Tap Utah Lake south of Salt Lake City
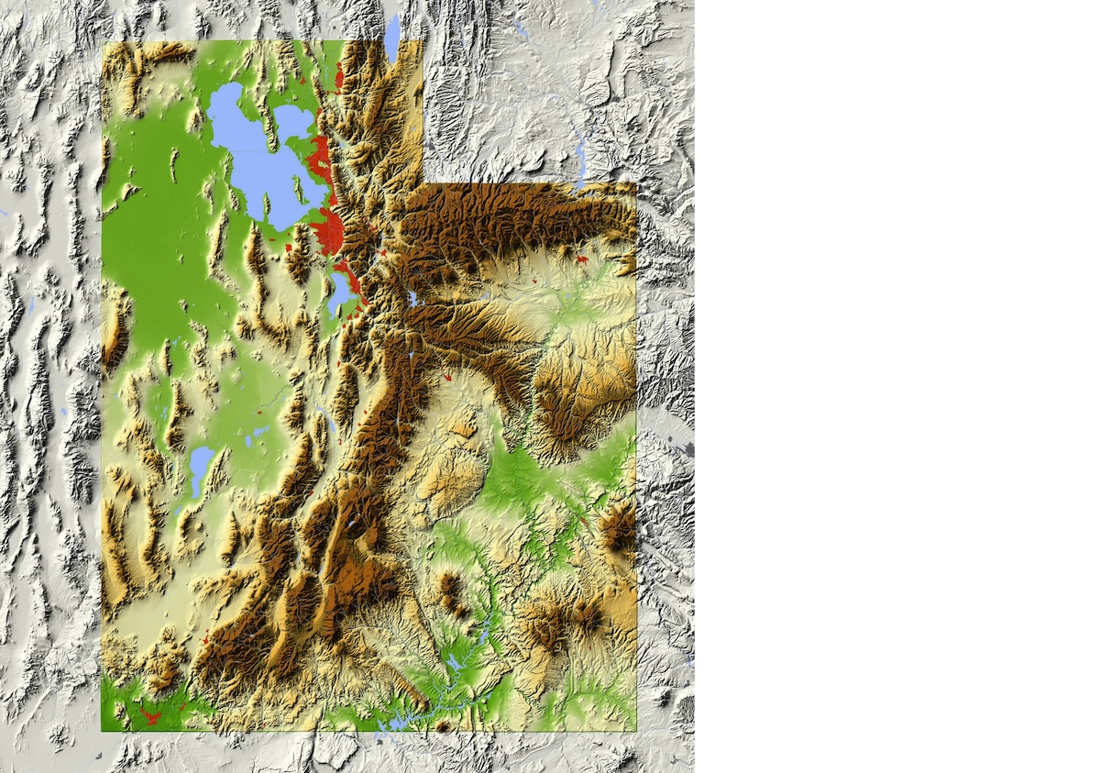click(x=338, y=293)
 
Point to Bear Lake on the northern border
click(x=392, y=37)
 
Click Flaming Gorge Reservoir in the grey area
click(x=580, y=156)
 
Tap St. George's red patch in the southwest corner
click(x=149, y=713)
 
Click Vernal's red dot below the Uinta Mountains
click(x=581, y=260)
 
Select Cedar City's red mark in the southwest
click(x=204, y=636)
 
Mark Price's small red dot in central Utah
click(x=447, y=377)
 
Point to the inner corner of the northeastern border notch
click(x=423, y=183)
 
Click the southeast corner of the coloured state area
click(x=635, y=730)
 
